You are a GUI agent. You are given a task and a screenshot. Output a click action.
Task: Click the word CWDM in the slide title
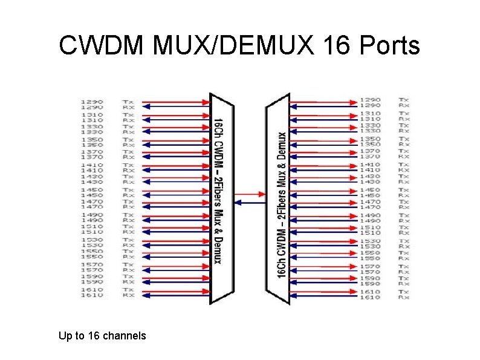[x=102, y=45]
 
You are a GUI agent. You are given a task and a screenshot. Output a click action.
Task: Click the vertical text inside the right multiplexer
[x=282, y=206]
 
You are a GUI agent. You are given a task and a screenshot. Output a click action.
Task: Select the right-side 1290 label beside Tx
[x=370, y=100]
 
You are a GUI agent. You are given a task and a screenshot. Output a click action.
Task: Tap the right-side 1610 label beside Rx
[x=370, y=298]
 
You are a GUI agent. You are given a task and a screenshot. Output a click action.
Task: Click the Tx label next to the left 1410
[x=128, y=165]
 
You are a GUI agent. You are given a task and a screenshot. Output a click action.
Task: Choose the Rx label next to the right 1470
[x=404, y=208]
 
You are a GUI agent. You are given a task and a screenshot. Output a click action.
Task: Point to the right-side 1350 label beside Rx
[x=370, y=144]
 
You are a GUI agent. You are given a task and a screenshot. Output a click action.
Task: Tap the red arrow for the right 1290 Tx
[x=323, y=100]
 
